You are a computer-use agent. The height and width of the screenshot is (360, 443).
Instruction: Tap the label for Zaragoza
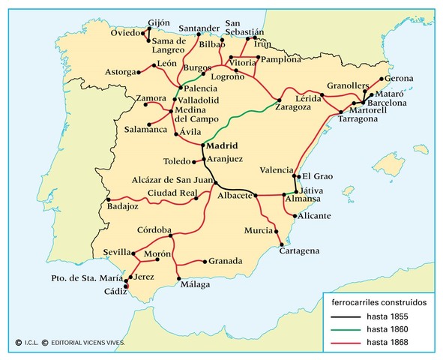coord(274,107)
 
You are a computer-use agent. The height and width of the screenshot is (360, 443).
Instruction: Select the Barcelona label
coord(387,103)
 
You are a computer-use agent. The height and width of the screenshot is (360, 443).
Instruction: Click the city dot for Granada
coord(205,261)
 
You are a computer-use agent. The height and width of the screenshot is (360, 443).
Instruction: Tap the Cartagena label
coord(299,250)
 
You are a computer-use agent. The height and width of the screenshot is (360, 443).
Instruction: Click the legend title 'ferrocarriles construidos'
coord(379,301)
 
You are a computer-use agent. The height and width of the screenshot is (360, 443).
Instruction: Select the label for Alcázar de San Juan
coord(170,179)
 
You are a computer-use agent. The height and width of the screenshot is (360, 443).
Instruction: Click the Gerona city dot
coord(382,79)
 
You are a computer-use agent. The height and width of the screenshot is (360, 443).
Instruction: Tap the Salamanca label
coord(146,130)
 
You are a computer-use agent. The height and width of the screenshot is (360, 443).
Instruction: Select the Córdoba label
coord(155,229)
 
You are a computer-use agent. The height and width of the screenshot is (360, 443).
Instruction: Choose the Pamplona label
coord(280,58)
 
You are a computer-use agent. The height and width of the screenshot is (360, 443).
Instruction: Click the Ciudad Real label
coord(170,193)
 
